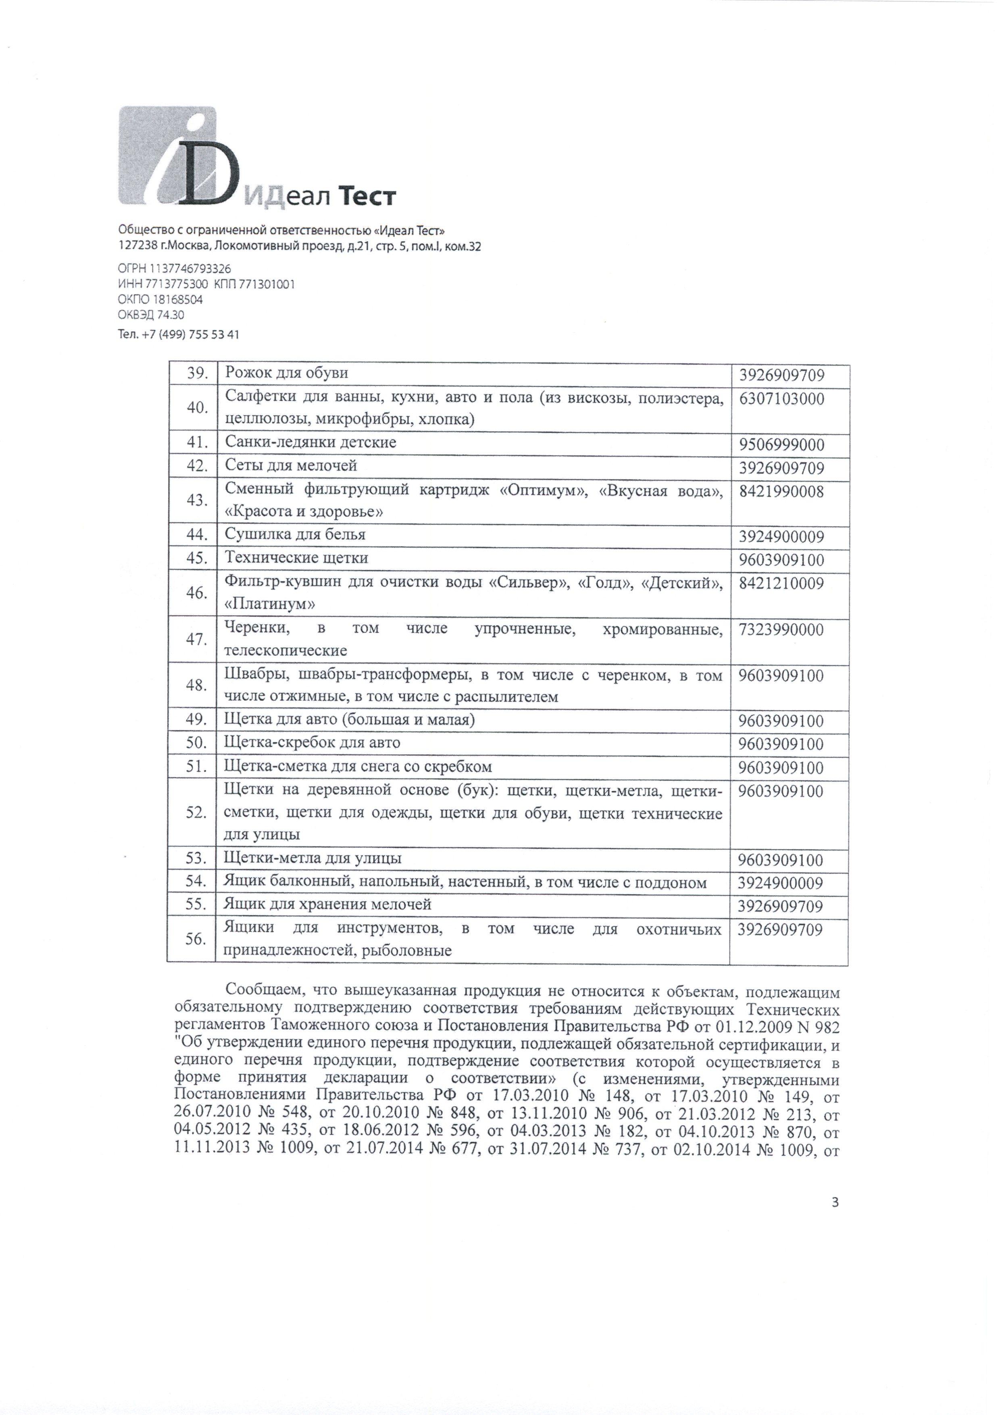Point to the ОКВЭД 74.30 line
[150, 315]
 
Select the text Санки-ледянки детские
[310, 442]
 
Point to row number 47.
[196, 639]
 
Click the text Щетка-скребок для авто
[312, 743]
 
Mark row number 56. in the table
[196, 939]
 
